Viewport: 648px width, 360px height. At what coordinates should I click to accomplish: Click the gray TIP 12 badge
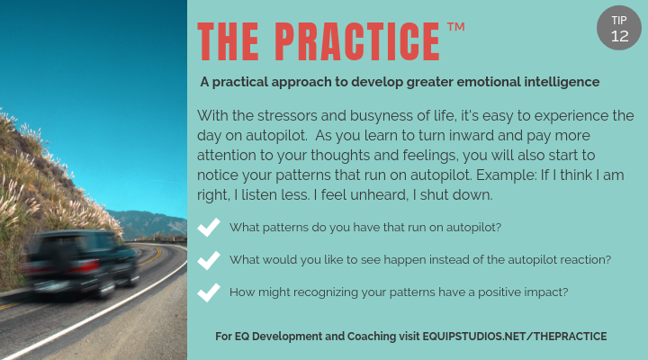tap(619, 29)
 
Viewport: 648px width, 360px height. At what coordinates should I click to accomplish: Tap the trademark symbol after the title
tap(455, 29)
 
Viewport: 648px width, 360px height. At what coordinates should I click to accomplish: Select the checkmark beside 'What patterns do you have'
tap(209, 228)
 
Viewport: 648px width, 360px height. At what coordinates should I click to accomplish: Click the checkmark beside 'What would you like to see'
tap(209, 260)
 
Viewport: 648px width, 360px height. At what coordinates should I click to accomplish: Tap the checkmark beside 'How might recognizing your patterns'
tap(209, 292)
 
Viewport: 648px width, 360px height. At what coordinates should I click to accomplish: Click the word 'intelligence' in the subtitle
tap(554, 82)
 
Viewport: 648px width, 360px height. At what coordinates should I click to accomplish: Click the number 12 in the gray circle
tap(619, 37)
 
